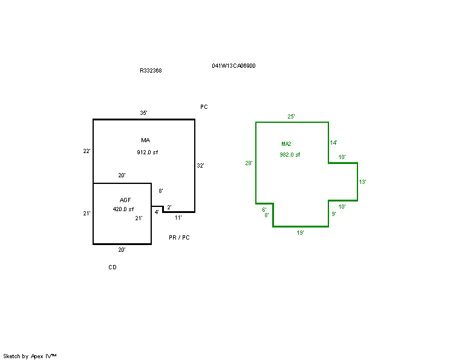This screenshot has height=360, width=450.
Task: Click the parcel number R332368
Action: [x=151, y=71]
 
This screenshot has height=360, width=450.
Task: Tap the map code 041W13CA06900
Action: [x=233, y=66]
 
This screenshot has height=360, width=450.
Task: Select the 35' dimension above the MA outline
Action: [x=144, y=113]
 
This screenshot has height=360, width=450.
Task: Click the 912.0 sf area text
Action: [x=147, y=152]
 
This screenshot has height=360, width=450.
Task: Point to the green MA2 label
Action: [x=286, y=144]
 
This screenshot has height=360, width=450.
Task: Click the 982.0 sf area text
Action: [x=290, y=155]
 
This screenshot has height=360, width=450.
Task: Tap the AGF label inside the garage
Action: [x=125, y=200]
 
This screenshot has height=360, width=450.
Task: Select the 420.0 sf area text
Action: [x=123, y=209]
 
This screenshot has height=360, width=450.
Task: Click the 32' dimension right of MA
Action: [x=200, y=166]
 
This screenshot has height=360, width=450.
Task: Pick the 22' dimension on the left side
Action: [x=86, y=151]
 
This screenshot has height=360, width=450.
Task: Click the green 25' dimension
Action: [x=291, y=117]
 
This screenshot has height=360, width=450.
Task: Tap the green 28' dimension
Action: [x=249, y=163]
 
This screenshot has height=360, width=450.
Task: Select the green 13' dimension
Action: [x=362, y=182]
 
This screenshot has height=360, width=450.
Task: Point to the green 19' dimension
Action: [x=300, y=233]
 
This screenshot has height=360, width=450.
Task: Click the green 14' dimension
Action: [x=333, y=143]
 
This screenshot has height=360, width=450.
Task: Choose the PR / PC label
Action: [x=179, y=238]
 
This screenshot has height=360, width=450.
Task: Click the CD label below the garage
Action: [x=112, y=267]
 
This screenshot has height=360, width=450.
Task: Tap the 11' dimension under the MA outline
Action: [x=178, y=218]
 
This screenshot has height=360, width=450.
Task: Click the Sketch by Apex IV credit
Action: [x=30, y=356]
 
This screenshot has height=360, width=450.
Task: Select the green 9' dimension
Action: [x=334, y=214]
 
